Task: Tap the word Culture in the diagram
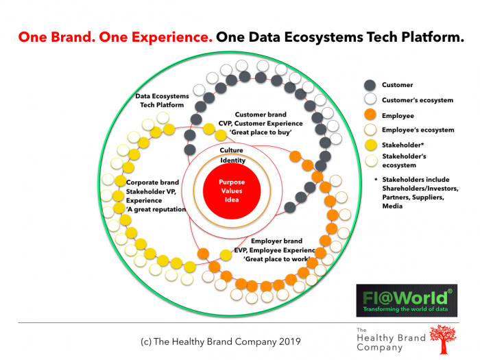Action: click(231, 149)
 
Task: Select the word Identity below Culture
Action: click(232, 160)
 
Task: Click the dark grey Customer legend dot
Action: click(370, 85)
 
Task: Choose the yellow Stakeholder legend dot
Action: click(370, 145)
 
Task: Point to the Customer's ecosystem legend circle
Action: click(370, 100)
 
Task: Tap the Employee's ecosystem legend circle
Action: click(370, 130)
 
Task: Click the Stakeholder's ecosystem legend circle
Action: click(370, 160)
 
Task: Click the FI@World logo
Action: click(406, 299)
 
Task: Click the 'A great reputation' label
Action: click(156, 209)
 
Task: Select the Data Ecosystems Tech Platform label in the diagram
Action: click(160, 101)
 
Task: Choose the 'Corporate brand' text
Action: click(153, 182)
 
